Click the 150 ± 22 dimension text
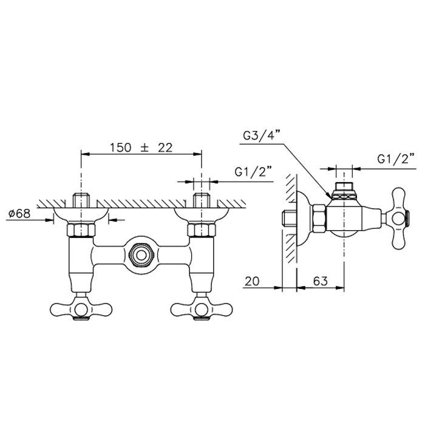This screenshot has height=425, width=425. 141,148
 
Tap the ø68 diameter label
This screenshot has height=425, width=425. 19,214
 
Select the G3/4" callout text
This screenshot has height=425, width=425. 260,135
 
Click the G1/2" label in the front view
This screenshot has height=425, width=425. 253,172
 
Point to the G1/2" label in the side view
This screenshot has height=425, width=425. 396,159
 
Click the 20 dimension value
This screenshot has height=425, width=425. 252,281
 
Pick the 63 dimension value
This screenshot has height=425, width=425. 320,281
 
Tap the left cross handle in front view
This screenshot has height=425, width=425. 81,308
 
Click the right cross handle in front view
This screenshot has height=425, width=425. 202,308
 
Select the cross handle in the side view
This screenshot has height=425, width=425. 398,219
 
